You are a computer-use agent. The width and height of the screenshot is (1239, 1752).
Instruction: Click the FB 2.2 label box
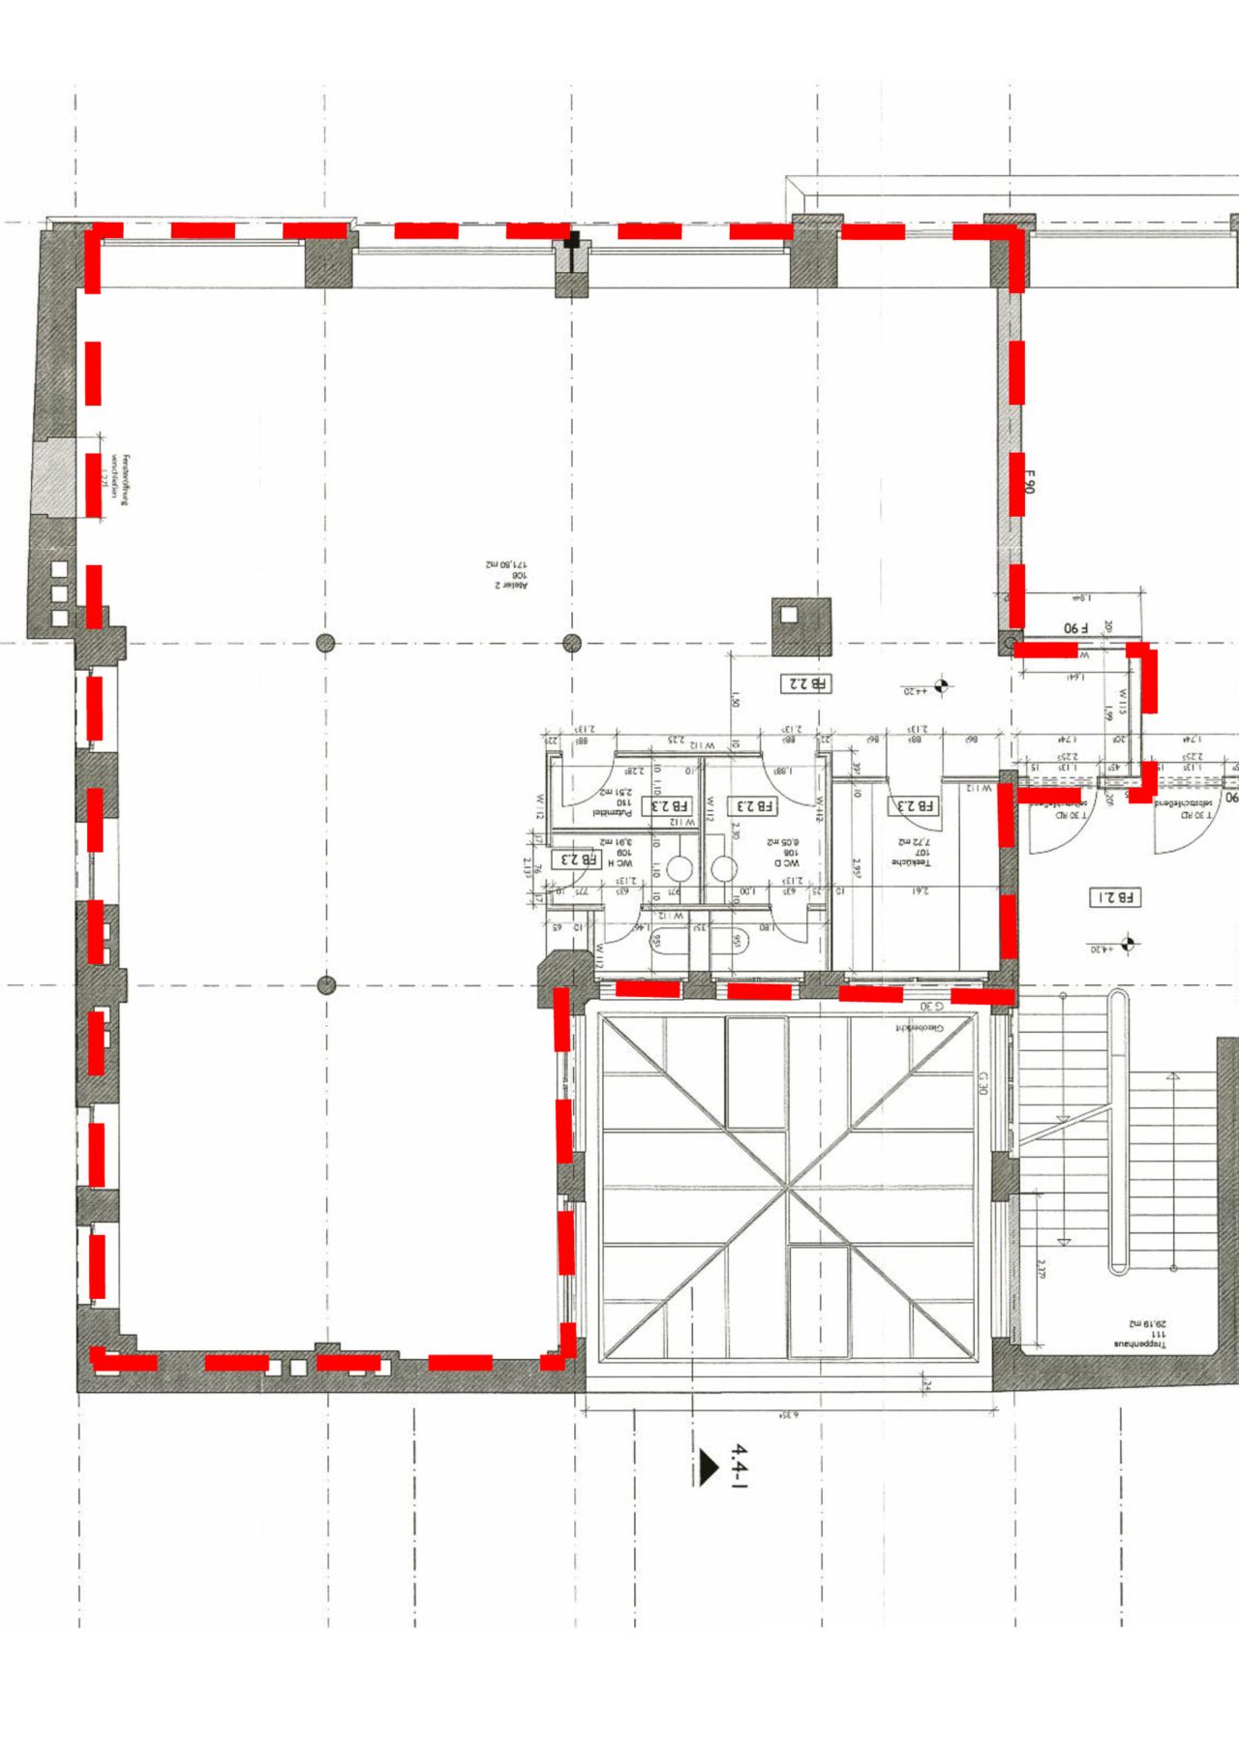[805, 683]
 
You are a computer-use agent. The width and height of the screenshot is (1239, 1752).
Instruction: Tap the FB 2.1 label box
[1115, 897]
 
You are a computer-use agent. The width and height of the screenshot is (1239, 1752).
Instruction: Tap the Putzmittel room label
[614, 802]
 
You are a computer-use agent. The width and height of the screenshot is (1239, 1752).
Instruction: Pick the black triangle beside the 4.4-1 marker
[708, 1466]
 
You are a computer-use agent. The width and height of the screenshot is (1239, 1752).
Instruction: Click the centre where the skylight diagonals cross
[788, 1187]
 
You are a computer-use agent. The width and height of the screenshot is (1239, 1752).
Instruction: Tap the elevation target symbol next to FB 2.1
[1127, 941]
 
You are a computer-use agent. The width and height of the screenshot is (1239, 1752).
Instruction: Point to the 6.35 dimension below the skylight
[788, 1416]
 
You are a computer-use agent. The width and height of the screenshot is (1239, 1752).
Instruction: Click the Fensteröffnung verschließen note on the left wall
[117, 481]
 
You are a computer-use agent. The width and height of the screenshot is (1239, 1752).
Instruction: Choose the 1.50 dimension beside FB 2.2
[735, 698]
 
